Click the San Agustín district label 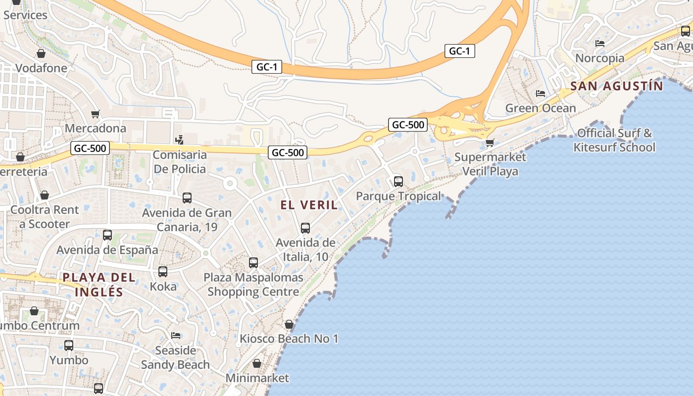[616, 86]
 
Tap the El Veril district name [309, 204]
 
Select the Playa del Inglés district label [99, 284]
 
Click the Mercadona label [96, 128]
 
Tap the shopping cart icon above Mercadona [96, 114]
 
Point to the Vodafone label [41, 68]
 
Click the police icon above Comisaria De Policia [179, 140]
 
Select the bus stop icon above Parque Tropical [398, 182]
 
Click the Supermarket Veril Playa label [490, 164]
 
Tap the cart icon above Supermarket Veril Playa [490, 143]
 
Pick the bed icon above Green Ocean [541, 93]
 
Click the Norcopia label [600, 58]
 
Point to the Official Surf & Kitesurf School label [614, 140]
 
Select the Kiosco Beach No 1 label [289, 339]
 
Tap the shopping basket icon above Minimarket [257, 364]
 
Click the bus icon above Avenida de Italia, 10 [305, 228]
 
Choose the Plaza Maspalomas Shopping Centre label [253, 285]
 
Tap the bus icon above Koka [163, 272]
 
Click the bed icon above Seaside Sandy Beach [176, 335]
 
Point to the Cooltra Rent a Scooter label [45, 217]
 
